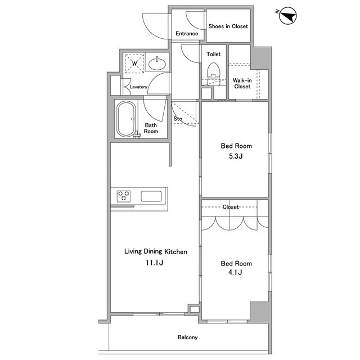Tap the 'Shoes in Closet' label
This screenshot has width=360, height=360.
coord(228,26)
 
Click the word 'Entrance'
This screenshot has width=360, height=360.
coord(187,34)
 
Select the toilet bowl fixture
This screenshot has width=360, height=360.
coord(213,71)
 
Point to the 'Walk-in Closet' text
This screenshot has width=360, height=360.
coord(242,83)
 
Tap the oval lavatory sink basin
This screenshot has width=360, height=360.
coord(158,63)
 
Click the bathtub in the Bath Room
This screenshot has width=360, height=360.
coord(126,119)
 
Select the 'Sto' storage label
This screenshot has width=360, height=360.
coord(178,119)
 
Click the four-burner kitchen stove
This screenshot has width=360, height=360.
coord(124,196)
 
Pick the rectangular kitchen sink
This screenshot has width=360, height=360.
coord(151,196)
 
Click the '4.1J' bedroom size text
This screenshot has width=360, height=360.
coord(236,273)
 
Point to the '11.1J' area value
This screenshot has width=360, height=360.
coord(155,262)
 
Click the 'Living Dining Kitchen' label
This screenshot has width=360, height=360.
coord(155,251)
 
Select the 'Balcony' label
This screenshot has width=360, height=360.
coord(187,337)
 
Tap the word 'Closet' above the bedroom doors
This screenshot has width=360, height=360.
coord(231,207)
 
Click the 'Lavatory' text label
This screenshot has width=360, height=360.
coord(138,87)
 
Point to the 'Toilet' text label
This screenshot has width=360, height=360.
coord(214,55)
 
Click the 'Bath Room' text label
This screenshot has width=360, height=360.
coord(151,128)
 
